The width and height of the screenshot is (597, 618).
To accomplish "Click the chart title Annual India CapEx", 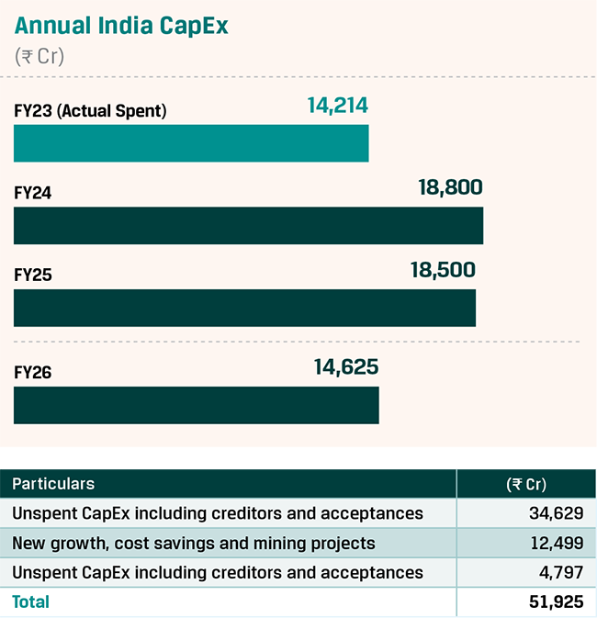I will point(121,26).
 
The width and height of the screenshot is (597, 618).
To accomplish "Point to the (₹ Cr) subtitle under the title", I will point(39,56).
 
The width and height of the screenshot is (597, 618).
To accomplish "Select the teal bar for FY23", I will point(191,143).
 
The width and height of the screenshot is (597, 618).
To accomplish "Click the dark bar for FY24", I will point(248,226).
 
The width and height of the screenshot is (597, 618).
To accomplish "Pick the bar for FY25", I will point(244,309).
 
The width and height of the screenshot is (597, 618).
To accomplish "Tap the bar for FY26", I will point(196,405).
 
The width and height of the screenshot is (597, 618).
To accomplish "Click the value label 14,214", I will point(337,107).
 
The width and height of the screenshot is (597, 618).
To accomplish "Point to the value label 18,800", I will point(450,189).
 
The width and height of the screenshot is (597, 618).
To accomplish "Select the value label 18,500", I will point(443,270).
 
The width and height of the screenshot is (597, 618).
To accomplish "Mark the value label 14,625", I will point(345,367).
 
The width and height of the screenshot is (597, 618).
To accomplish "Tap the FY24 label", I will point(33,194).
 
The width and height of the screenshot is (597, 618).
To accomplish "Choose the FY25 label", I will point(33,275).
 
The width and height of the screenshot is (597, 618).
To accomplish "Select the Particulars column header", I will point(53,484).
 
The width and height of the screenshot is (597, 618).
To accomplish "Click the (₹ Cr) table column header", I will point(525,484).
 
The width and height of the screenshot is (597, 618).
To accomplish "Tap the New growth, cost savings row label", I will point(194,544).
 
